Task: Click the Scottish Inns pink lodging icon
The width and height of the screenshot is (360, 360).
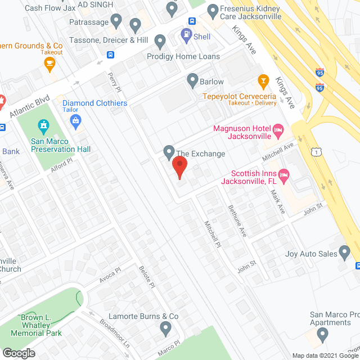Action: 284,177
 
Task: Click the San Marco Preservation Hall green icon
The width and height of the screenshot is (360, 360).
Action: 44,125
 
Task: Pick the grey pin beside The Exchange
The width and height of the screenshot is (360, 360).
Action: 168,151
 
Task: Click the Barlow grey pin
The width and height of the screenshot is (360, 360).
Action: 193,80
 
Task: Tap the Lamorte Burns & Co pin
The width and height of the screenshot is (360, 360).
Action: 165,327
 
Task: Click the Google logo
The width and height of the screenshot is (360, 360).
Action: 18,353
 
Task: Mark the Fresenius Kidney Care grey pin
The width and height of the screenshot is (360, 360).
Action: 213,11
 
